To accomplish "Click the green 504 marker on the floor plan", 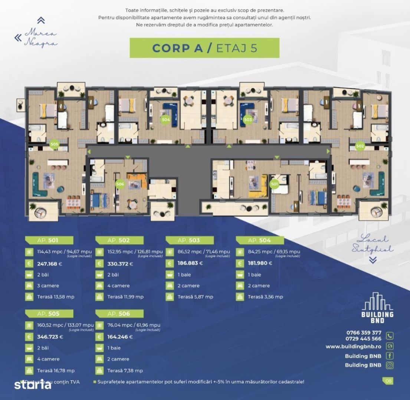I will (166, 120).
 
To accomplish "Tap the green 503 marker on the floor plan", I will (248, 120).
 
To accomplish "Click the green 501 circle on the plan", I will (275, 183).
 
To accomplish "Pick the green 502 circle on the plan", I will (360, 146).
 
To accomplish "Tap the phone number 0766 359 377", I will (363, 333).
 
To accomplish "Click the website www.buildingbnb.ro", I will (353, 347).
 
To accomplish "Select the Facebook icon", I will (390, 356).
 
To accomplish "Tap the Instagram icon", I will (390, 365).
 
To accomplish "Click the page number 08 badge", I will (388, 380).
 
